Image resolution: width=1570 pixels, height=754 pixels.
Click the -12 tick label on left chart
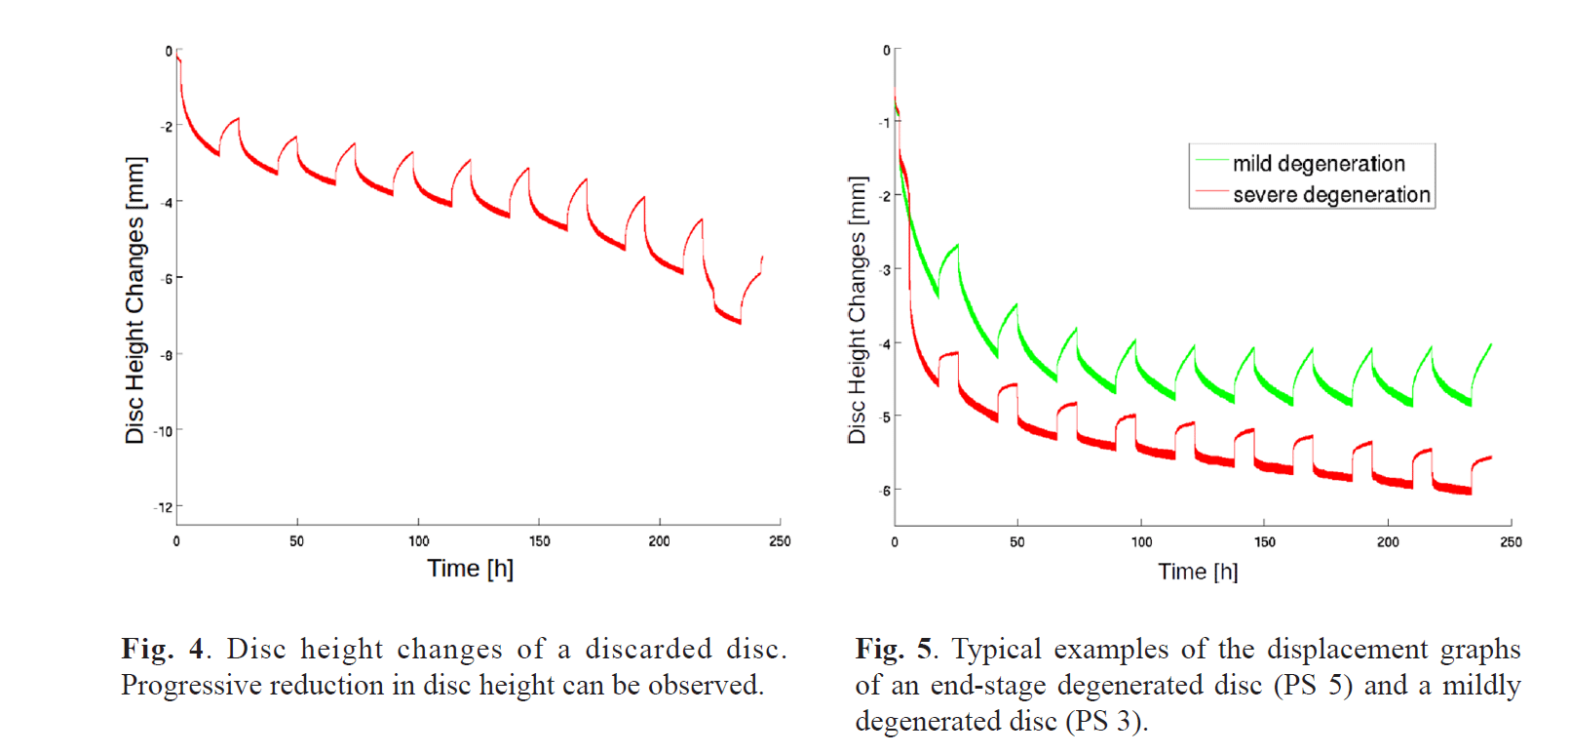(163, 507)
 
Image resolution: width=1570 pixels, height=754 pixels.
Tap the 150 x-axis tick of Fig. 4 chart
(539, 541)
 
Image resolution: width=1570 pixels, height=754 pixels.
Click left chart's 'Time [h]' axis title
(470, 569)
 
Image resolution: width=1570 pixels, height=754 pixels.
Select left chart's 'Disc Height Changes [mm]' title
(134, 300)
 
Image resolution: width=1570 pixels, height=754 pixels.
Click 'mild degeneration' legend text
(1319, 164)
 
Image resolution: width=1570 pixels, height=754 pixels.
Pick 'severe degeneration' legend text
(1331, 195)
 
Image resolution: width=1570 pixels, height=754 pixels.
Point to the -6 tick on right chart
(885, 491)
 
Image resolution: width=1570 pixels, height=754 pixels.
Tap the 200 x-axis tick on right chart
(1388, 542)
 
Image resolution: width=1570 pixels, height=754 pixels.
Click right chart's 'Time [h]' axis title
(1198, 572)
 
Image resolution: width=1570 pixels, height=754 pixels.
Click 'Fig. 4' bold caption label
(163, 649)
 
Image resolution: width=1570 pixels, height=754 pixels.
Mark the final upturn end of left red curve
(762, 258)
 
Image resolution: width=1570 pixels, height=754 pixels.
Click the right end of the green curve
(1491, 344)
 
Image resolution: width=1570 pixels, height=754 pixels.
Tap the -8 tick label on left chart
(167, 355)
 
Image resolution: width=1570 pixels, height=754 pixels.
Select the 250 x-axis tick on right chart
(1511, 542)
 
